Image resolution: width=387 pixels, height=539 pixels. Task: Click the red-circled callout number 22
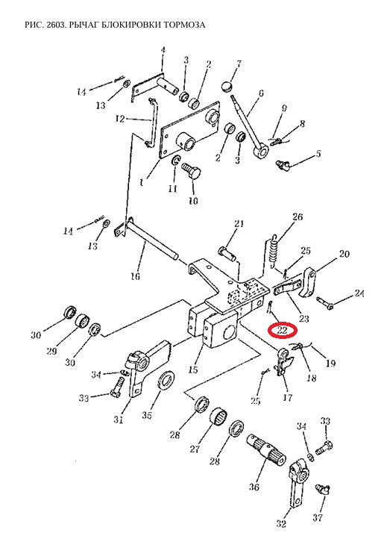(282, 331)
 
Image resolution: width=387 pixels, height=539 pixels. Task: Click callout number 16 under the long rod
(135, 275)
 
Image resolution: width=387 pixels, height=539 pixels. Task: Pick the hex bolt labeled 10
(191, 170)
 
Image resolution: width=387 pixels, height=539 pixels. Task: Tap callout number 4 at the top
(163, 50)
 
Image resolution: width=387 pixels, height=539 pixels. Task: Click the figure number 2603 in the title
(54, 25)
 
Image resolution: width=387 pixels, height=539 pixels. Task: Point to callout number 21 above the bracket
(239, 224)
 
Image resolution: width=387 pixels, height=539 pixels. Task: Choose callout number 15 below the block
(193, 370)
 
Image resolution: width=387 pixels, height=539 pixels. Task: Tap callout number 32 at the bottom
(281, 523)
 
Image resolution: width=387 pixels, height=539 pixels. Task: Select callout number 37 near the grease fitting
(318, 517)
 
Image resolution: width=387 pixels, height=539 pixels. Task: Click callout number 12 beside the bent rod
(120, 119)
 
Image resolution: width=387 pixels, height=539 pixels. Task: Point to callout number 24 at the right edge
(359, 293)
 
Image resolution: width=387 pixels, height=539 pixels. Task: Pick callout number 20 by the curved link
(344, 254)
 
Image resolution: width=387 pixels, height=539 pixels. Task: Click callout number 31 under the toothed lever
(118, 420)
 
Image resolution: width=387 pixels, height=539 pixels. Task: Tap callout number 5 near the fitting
(318, 153)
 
